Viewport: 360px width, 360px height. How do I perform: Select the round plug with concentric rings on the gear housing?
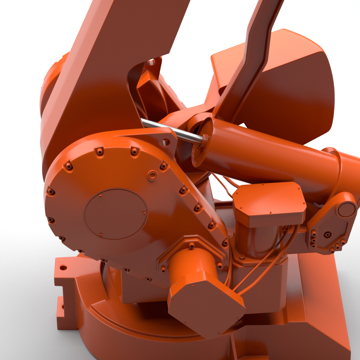pyautogui.click(x=152, y=175)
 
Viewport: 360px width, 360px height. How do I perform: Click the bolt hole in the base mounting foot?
pyautogui.click(x=63, y=267)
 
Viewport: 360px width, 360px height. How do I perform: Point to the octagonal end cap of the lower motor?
pyautogui.click(x=207, y=309)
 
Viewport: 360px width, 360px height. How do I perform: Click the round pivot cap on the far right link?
pyautogui.click(x=346, y=209)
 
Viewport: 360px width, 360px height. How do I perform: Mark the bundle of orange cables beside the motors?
pyautogui.click(x=261, y=264)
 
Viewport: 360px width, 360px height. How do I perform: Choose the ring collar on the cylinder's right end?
pyautogui.click(x=337, y=168)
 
